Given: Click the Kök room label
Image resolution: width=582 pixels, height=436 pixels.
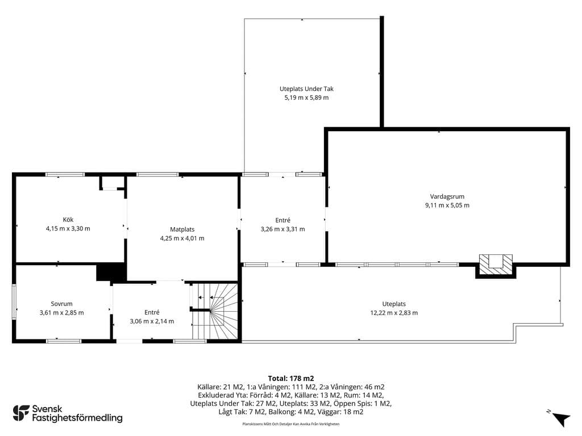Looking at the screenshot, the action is tap(68, 220).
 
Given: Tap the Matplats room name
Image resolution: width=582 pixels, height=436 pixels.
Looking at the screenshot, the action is tap(182, 229).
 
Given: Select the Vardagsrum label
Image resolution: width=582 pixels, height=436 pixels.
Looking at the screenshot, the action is tap(447, 196).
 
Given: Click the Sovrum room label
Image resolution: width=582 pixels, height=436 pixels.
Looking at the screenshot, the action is tap(61, 304).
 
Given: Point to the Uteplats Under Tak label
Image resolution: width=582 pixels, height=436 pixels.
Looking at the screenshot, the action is tap(306, 89).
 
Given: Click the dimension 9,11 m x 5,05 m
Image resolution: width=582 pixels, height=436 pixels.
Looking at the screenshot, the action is tap(447, 206).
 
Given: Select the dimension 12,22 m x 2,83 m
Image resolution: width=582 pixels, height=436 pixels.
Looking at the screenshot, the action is tap(394, 313).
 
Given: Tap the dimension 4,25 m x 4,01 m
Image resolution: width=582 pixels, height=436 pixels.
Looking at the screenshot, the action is tap(182, 238).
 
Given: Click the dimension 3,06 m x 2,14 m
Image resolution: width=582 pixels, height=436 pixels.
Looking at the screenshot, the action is tap(152, 321).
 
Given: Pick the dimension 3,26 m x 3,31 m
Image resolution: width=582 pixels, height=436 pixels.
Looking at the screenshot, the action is tap(282, 229).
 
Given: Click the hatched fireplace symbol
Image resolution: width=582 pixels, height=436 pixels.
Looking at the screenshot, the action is tap(496, 266).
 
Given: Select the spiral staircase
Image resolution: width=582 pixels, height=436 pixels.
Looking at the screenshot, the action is tap(214, 311).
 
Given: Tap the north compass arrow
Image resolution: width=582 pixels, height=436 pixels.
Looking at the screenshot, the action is tap(560, 419).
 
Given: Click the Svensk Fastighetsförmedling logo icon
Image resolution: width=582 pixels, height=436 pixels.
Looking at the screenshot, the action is tap(21, 413).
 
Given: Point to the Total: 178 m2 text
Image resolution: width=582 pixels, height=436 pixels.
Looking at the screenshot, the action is tap(291, 379).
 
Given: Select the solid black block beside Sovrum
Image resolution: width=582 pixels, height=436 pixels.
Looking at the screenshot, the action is tap(111, 272).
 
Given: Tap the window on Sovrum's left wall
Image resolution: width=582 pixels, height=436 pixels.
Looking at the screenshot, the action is tap(14, 301).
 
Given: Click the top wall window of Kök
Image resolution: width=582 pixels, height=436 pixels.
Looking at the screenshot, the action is tap(65, 174).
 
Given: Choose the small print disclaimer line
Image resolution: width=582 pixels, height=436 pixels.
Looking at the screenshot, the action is tap(290, 424).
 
